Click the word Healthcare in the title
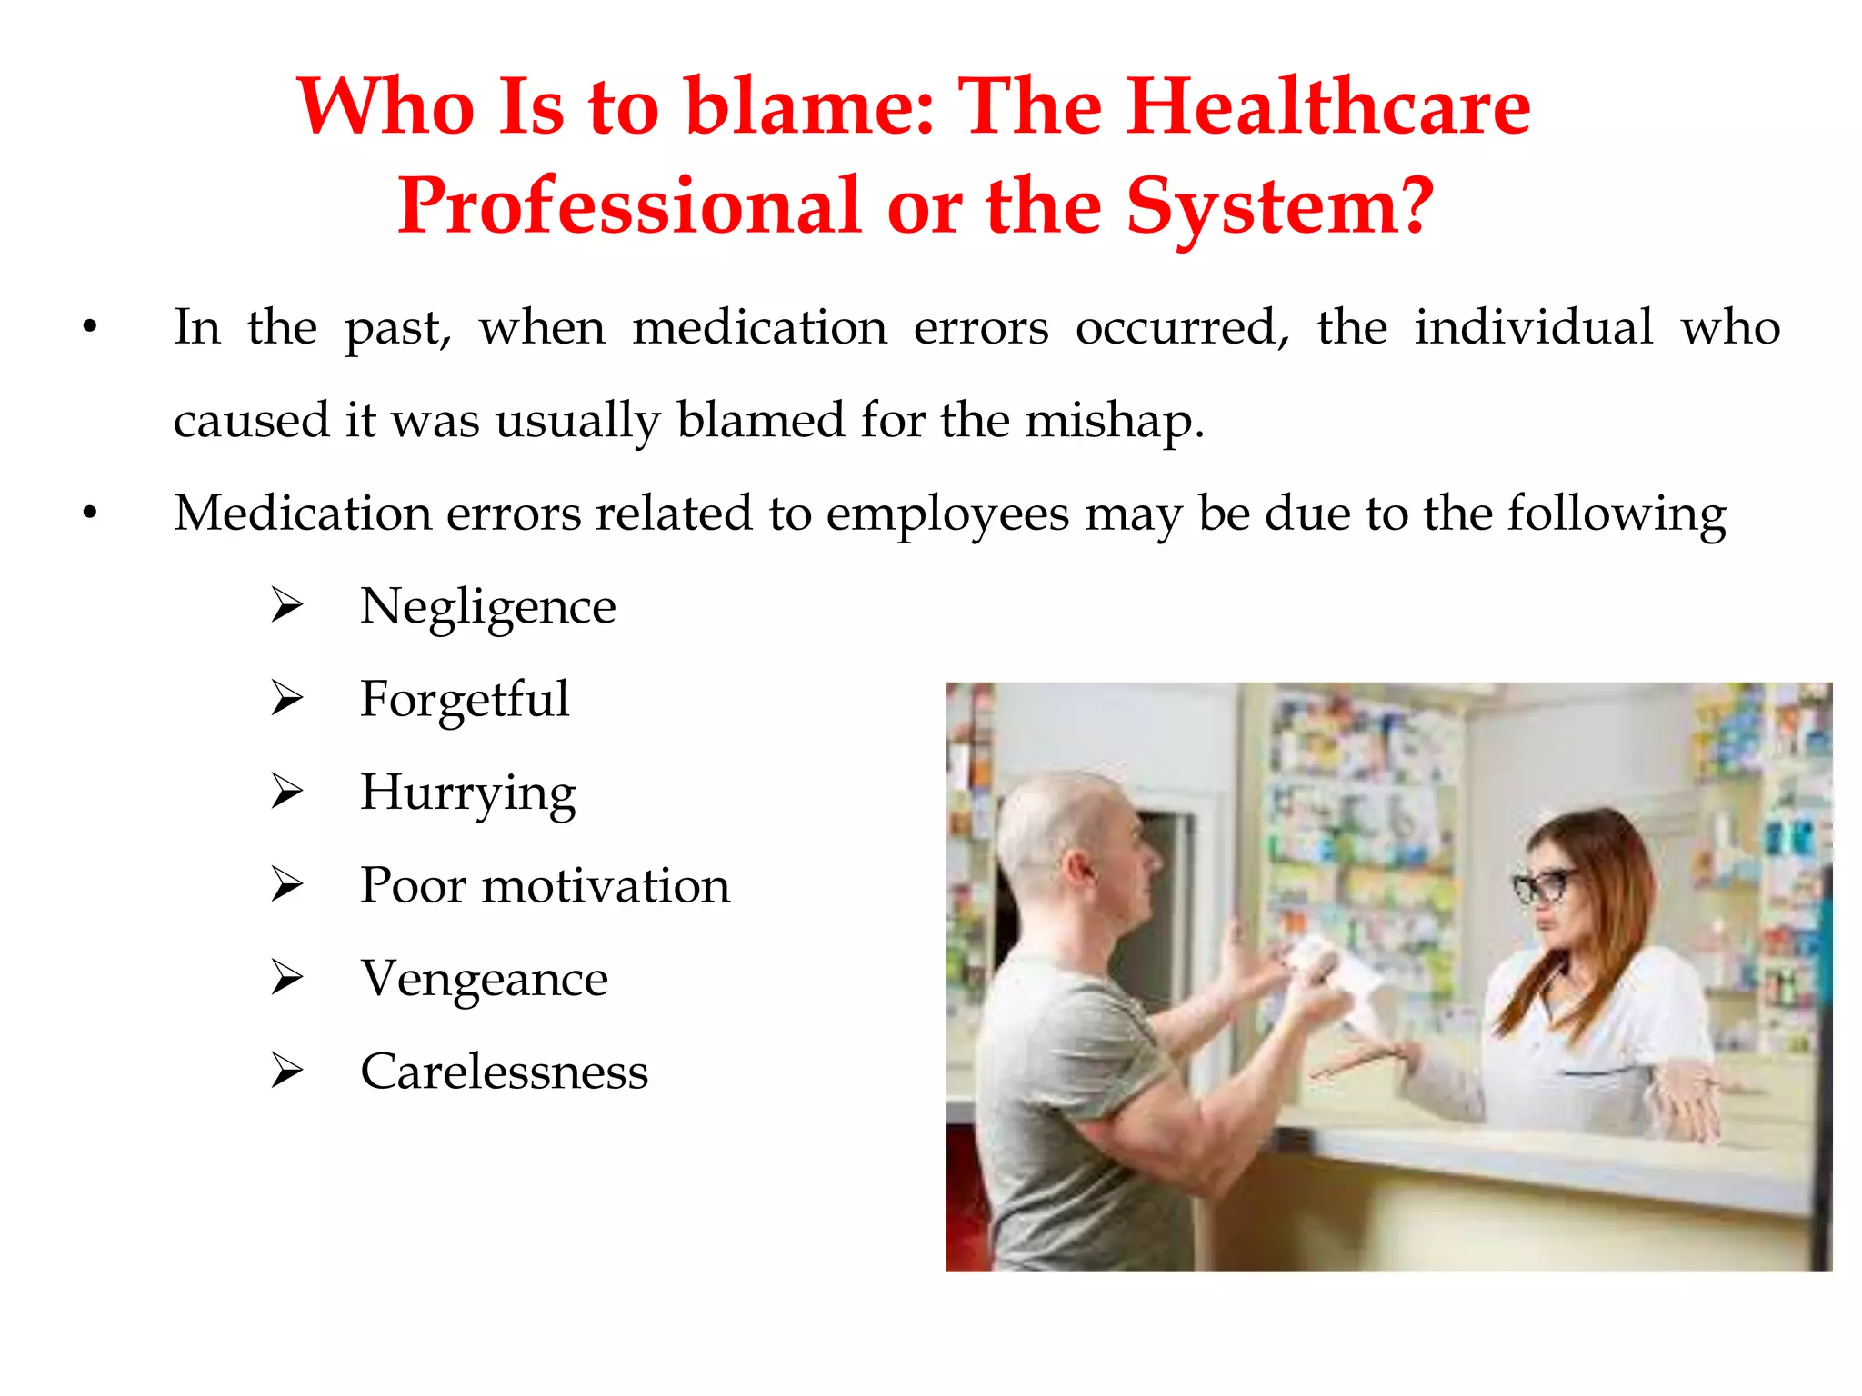[1328, 107]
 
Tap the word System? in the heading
[1280, 207]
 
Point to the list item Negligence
[487, 607]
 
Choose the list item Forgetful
[465, 700]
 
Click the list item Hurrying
[468, 793]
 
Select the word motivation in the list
[606, 886]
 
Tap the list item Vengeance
[484, 979]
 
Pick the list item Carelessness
[504, 1072]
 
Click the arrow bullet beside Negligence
[286, 606]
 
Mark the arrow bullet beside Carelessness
[286, 1072]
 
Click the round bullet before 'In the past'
[89, 328]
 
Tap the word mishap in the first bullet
[1114, 422]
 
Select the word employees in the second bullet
[947, 514]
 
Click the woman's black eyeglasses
[1543, 885]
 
